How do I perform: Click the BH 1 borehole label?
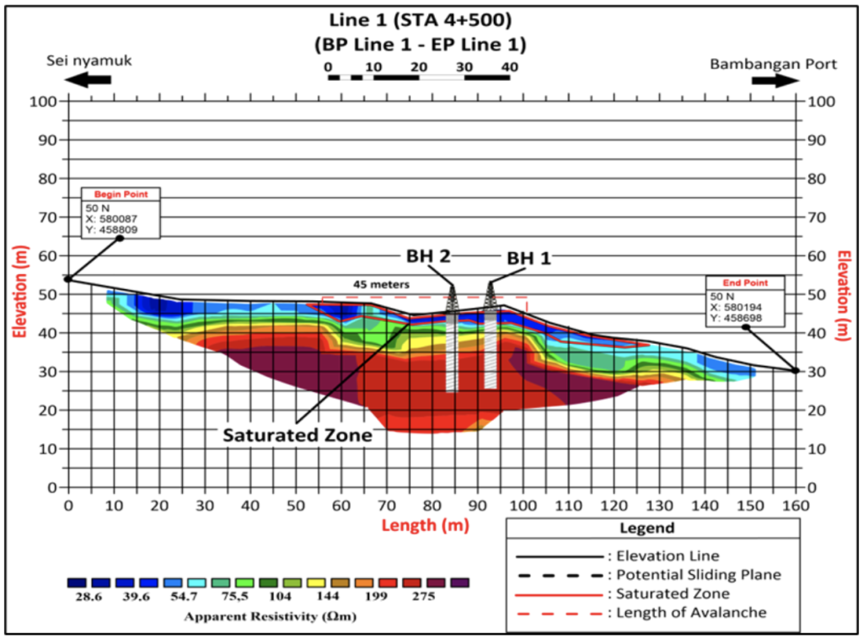(x=528, y=259)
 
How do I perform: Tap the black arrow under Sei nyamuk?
(x=88, y=80)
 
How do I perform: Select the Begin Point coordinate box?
(x=120, y=212)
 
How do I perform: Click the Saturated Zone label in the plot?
(x=297, y=436)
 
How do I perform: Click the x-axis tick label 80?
(x=431, y=506)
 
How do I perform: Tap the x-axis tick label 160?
(x=796, y=506)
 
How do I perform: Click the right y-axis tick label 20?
(x=815, y=411)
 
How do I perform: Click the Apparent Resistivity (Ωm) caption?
(x=268, y=616)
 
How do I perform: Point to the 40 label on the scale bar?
(x=509, y=67)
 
